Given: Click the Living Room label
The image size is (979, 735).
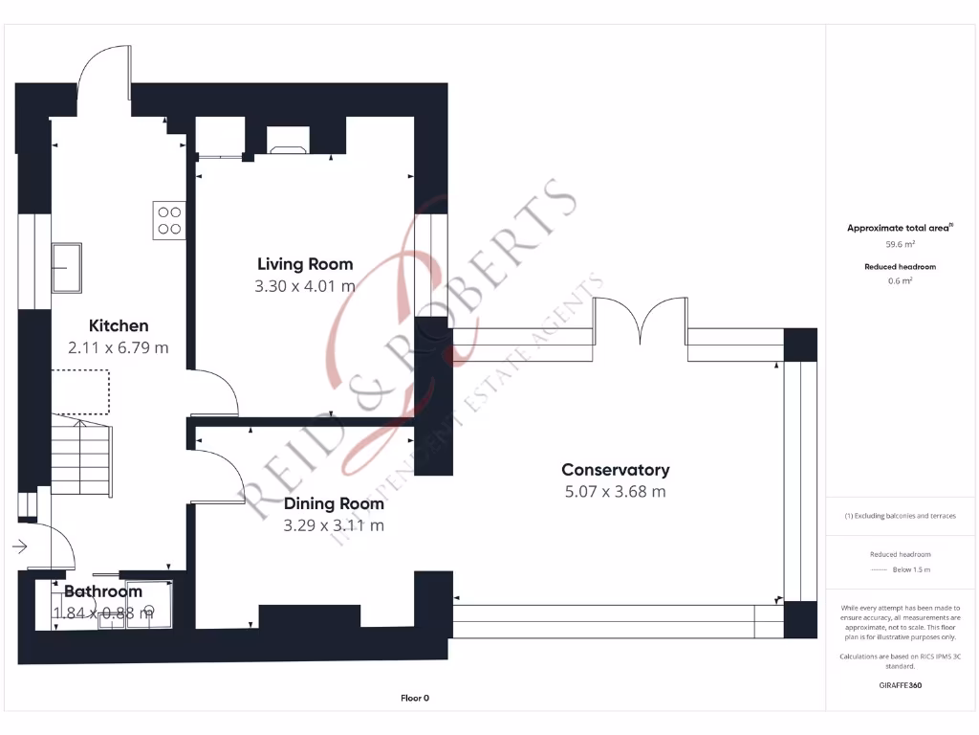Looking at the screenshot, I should coord(305,264).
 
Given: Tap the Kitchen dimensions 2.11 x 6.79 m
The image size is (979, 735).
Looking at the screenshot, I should coord(119,347).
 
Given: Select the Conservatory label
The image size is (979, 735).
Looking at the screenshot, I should coord(615,470).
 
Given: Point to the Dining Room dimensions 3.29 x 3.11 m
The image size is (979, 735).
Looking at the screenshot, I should coord(334,525).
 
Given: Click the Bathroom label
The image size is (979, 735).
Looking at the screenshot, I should coord(103,591).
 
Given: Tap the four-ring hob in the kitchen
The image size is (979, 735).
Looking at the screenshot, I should coord(169,221).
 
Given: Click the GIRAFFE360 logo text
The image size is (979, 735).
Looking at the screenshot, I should coord(900,685).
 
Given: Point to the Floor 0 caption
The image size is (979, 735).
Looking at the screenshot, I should coord(414,699).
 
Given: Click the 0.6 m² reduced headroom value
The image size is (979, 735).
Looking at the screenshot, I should coord(900,280).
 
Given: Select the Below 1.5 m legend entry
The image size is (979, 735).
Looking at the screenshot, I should coord(912,569).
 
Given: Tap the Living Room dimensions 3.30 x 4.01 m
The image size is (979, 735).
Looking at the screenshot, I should coord(306,285).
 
